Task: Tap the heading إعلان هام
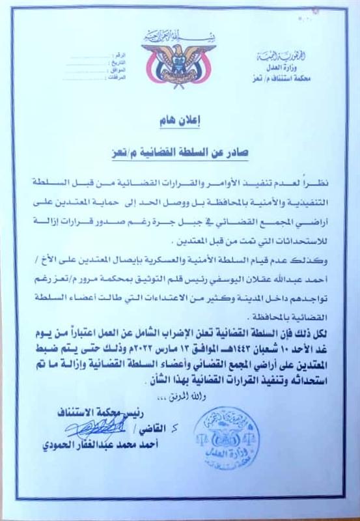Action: tap(178, 121)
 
